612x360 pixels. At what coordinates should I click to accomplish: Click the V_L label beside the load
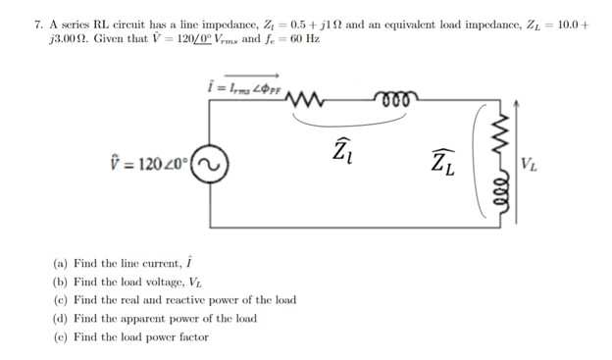(x=530, y=162)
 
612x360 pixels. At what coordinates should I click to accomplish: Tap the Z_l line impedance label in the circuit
(x=340, y=152)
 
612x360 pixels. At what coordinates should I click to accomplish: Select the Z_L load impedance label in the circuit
(x=443, y=161)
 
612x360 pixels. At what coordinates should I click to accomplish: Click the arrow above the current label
(x=258, y=74)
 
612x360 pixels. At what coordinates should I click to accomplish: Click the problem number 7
(x=11, y=21)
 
